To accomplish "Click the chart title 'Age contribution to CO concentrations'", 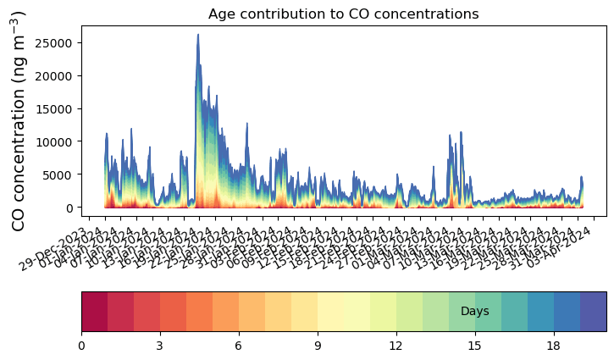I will coord(344,14).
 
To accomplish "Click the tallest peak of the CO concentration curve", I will coord(198,35).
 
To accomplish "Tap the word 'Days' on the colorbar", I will coord(474,312).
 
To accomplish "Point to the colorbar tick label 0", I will coord(81,346).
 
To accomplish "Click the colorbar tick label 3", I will coord(160,346).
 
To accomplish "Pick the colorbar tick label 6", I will coord(239,346).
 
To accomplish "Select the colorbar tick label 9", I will coord(318,346).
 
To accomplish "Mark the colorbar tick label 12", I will coord(396,346).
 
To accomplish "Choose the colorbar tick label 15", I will coord(475,346).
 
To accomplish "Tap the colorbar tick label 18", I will coord(554,346).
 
